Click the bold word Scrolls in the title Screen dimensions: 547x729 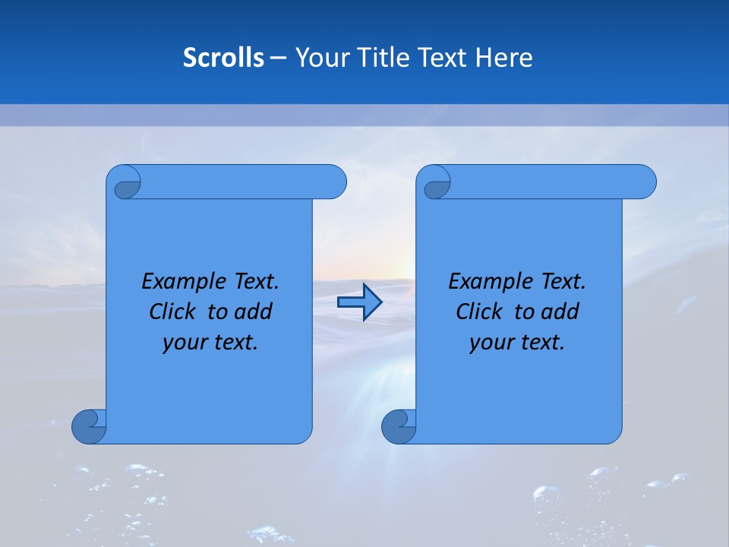223,58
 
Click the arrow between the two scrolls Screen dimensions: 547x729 359,302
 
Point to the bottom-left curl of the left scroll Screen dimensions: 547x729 89,426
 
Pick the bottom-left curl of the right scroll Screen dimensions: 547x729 399,426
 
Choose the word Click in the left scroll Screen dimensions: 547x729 172,311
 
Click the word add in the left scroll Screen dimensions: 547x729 254,311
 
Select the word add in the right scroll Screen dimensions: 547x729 560,311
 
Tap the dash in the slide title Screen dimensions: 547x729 278,58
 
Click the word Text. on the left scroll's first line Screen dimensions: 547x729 253,282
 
